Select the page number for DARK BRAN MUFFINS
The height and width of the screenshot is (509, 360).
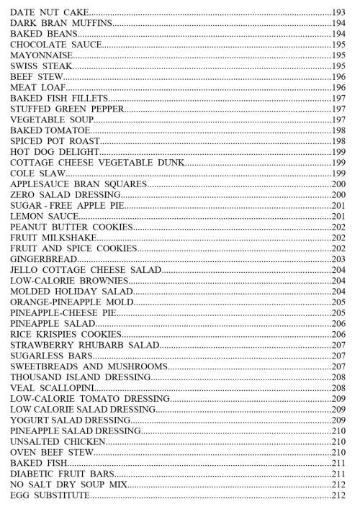coord(340,24)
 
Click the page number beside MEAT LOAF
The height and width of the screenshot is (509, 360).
coord(340,87)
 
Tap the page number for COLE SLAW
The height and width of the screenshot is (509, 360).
coord(340,174)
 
